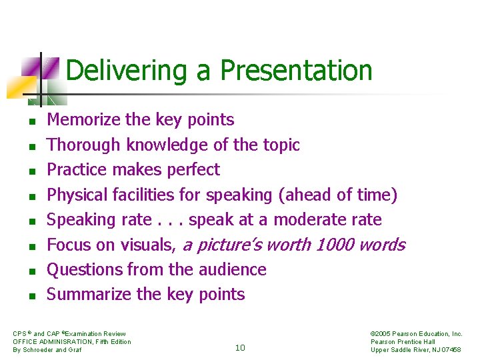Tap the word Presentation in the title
(296, 70)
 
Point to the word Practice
(77, 170)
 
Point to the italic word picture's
(231, 245)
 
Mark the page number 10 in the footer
(240, 347)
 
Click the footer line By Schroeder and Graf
(47, 350)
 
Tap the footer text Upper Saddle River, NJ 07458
(415, 350)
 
